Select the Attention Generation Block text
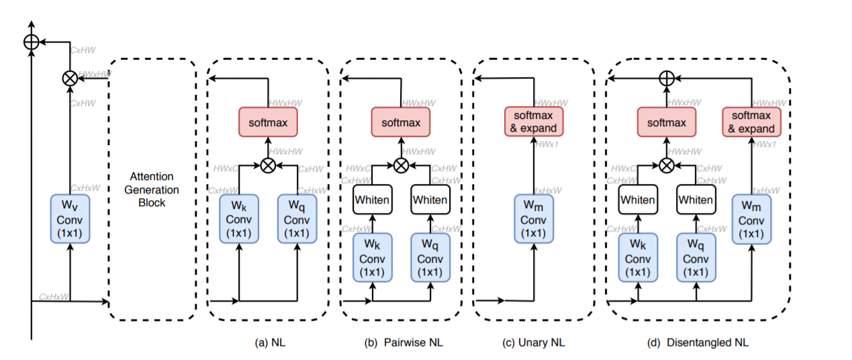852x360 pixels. coord(152,189)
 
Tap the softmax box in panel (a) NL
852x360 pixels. coord(267,123)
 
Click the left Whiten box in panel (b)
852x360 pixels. coord(373,199)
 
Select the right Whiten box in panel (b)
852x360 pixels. coord(430,199)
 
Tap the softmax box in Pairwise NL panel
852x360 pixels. coord(401,123)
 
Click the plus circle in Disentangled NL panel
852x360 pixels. coord(666,79)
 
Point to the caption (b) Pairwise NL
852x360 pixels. coord(404,343)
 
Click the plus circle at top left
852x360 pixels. coord(31,42)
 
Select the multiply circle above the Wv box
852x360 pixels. coord(69,78)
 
